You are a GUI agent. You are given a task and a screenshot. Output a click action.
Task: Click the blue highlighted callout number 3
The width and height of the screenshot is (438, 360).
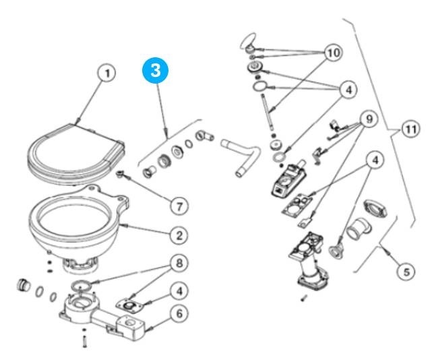click(x=155, y=70)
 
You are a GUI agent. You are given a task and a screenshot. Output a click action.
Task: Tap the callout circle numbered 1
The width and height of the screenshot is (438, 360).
click(x=106, y=73)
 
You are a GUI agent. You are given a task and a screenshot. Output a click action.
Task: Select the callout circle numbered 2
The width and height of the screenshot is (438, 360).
click(x=179, y=235)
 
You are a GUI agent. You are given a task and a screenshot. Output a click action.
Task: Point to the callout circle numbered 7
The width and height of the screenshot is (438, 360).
click(x=179, y=206)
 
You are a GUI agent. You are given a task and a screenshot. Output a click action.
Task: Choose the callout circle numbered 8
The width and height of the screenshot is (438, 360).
click(x=179, y=263)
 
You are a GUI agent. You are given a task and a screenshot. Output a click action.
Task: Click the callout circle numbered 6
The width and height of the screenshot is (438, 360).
click(x=179, y=313)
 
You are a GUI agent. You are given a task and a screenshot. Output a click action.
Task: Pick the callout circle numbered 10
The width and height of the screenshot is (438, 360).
click(x=334, y=53)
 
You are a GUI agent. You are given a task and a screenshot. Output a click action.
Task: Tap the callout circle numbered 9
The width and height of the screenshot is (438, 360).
click(x=369, y=119)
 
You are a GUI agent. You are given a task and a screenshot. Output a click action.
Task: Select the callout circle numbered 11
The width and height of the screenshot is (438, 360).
click(x=410, y=129)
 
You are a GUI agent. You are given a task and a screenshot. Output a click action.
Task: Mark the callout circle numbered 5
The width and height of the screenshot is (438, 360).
click(x=406, y=272)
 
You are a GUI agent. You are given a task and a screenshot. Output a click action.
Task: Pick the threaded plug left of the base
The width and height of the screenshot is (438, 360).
click(x=24, y=284)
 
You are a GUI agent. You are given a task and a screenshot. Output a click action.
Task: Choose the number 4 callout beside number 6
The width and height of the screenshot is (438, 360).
click(x=179, y=291)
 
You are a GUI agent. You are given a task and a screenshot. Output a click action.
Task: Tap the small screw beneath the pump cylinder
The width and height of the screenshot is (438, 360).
click(x=304, y=298)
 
